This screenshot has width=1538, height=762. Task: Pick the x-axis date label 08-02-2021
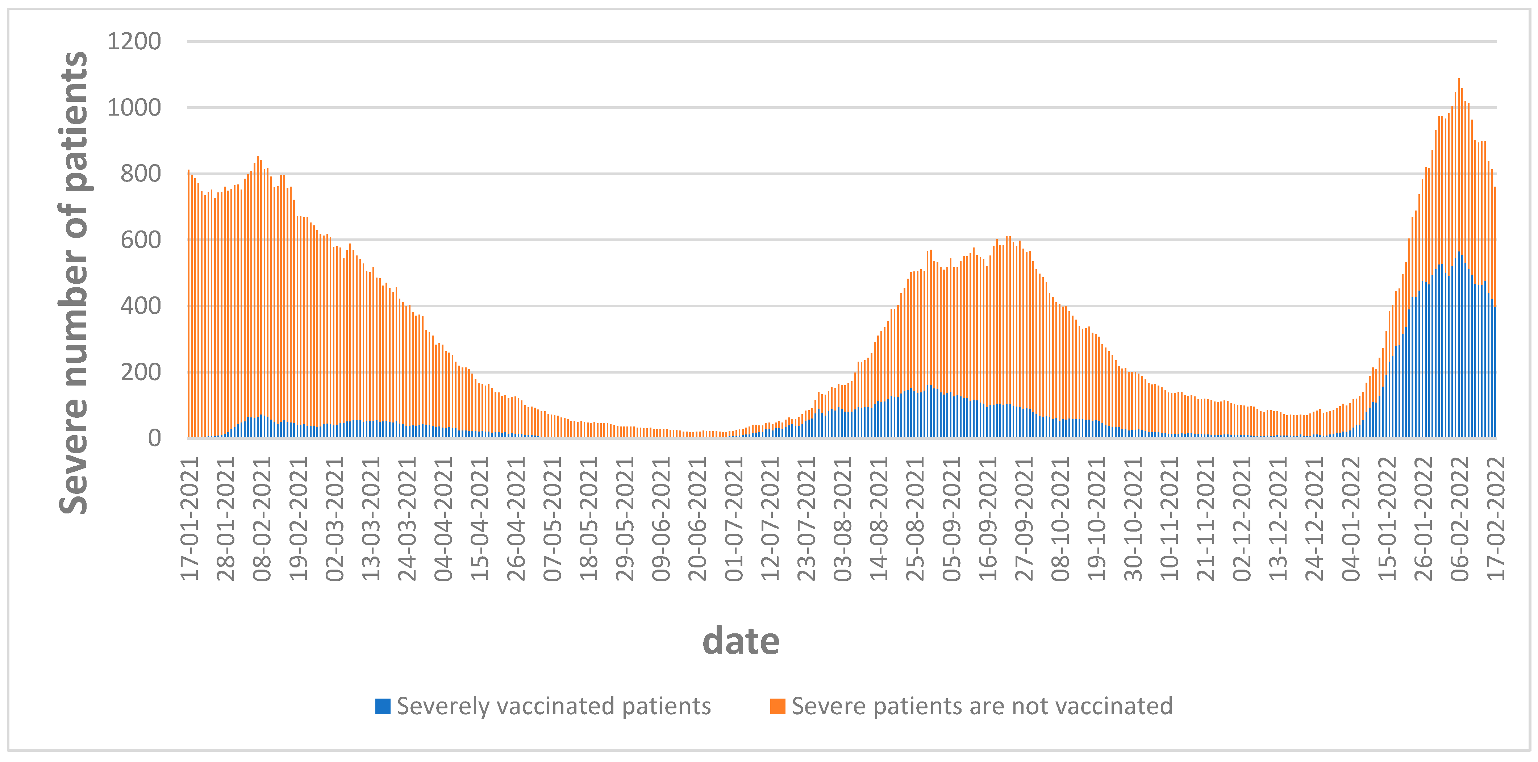point(262,519)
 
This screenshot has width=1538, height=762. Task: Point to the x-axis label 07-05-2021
point(552,519)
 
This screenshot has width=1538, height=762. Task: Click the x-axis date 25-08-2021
point(915,519)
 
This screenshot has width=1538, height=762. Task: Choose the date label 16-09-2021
point(988,519)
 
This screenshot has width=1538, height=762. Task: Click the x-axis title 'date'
point(740,641)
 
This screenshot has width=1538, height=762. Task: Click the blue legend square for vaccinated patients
point(383,706)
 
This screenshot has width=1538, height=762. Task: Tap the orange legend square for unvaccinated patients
point(778,706)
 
